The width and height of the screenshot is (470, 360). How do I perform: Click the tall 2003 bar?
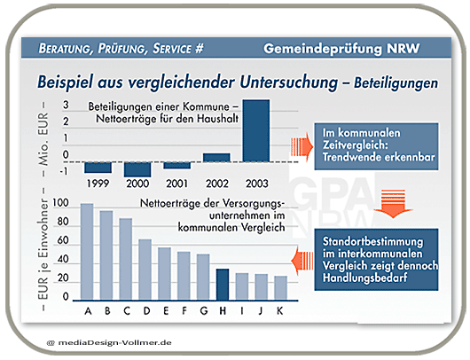point(256,130)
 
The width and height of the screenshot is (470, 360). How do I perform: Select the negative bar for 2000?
point(137,169)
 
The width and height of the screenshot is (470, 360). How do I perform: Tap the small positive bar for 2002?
point(216,158)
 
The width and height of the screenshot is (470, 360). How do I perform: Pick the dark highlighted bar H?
point(223,285)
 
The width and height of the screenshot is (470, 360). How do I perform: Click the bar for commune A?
point(87,252)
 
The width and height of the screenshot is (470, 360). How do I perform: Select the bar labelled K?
point(280,288)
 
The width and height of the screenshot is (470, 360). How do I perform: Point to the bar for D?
point(145,270)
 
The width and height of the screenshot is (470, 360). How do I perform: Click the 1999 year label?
point(98,184)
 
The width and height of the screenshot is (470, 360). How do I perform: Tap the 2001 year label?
point(176,184)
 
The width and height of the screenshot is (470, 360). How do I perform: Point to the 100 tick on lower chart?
point(60,203)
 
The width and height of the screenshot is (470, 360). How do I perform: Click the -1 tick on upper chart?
point(63,171)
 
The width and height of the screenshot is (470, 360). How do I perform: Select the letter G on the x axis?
point(204,311)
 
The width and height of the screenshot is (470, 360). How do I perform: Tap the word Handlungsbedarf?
point(364,278)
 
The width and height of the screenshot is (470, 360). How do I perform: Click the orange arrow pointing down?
point(393,203)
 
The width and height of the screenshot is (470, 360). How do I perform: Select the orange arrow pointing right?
point(302,147)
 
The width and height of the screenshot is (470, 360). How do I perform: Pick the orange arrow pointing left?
point(302,261)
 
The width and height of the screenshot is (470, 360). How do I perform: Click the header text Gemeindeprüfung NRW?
point(341,49)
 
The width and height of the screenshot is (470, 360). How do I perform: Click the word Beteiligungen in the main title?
point(396,83)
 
